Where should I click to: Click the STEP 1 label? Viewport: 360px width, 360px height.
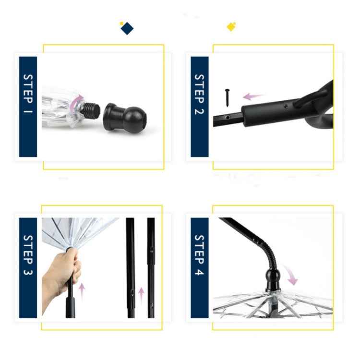pyautogui.click(x=28, y=107)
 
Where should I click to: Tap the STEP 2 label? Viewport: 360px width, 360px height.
pyautogui.click(x=200, y=107)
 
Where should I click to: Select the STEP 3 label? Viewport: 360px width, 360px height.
pyautogui.click(x=28, y=267)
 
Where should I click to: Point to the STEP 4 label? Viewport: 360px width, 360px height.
pyautogui.click(x=200, y=267)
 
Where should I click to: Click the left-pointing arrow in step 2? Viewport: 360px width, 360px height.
pyautogui.click(x=253, y=96)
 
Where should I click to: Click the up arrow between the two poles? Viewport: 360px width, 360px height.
pyautogui.click(x=141, y=294)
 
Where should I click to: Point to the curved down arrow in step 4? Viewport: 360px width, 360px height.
pyautogui.click(x=291, y=274)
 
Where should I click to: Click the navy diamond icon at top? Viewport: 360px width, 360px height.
pyautogui.click(x=127, y=28)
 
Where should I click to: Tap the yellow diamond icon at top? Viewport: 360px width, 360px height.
pyautogui.click(x=231, y=27)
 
